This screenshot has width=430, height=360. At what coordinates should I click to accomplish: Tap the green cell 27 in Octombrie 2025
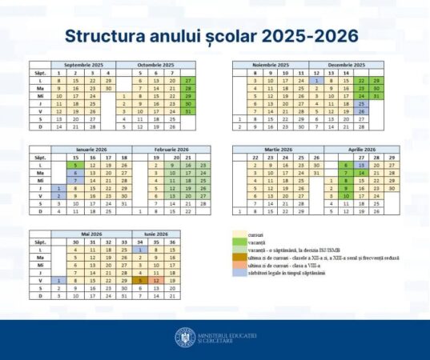pos(188,81)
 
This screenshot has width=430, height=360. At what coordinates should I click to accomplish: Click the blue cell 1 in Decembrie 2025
pos(318,81)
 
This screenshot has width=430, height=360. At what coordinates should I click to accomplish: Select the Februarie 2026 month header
pos(155,149)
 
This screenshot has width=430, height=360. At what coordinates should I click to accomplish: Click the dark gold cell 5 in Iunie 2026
pos(140,281)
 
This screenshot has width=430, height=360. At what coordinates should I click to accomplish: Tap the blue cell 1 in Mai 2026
pos(58,281)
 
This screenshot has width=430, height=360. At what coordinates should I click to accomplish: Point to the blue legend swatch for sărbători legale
pos(238,274)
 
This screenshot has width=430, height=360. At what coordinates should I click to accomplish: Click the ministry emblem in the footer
pos(185,338)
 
